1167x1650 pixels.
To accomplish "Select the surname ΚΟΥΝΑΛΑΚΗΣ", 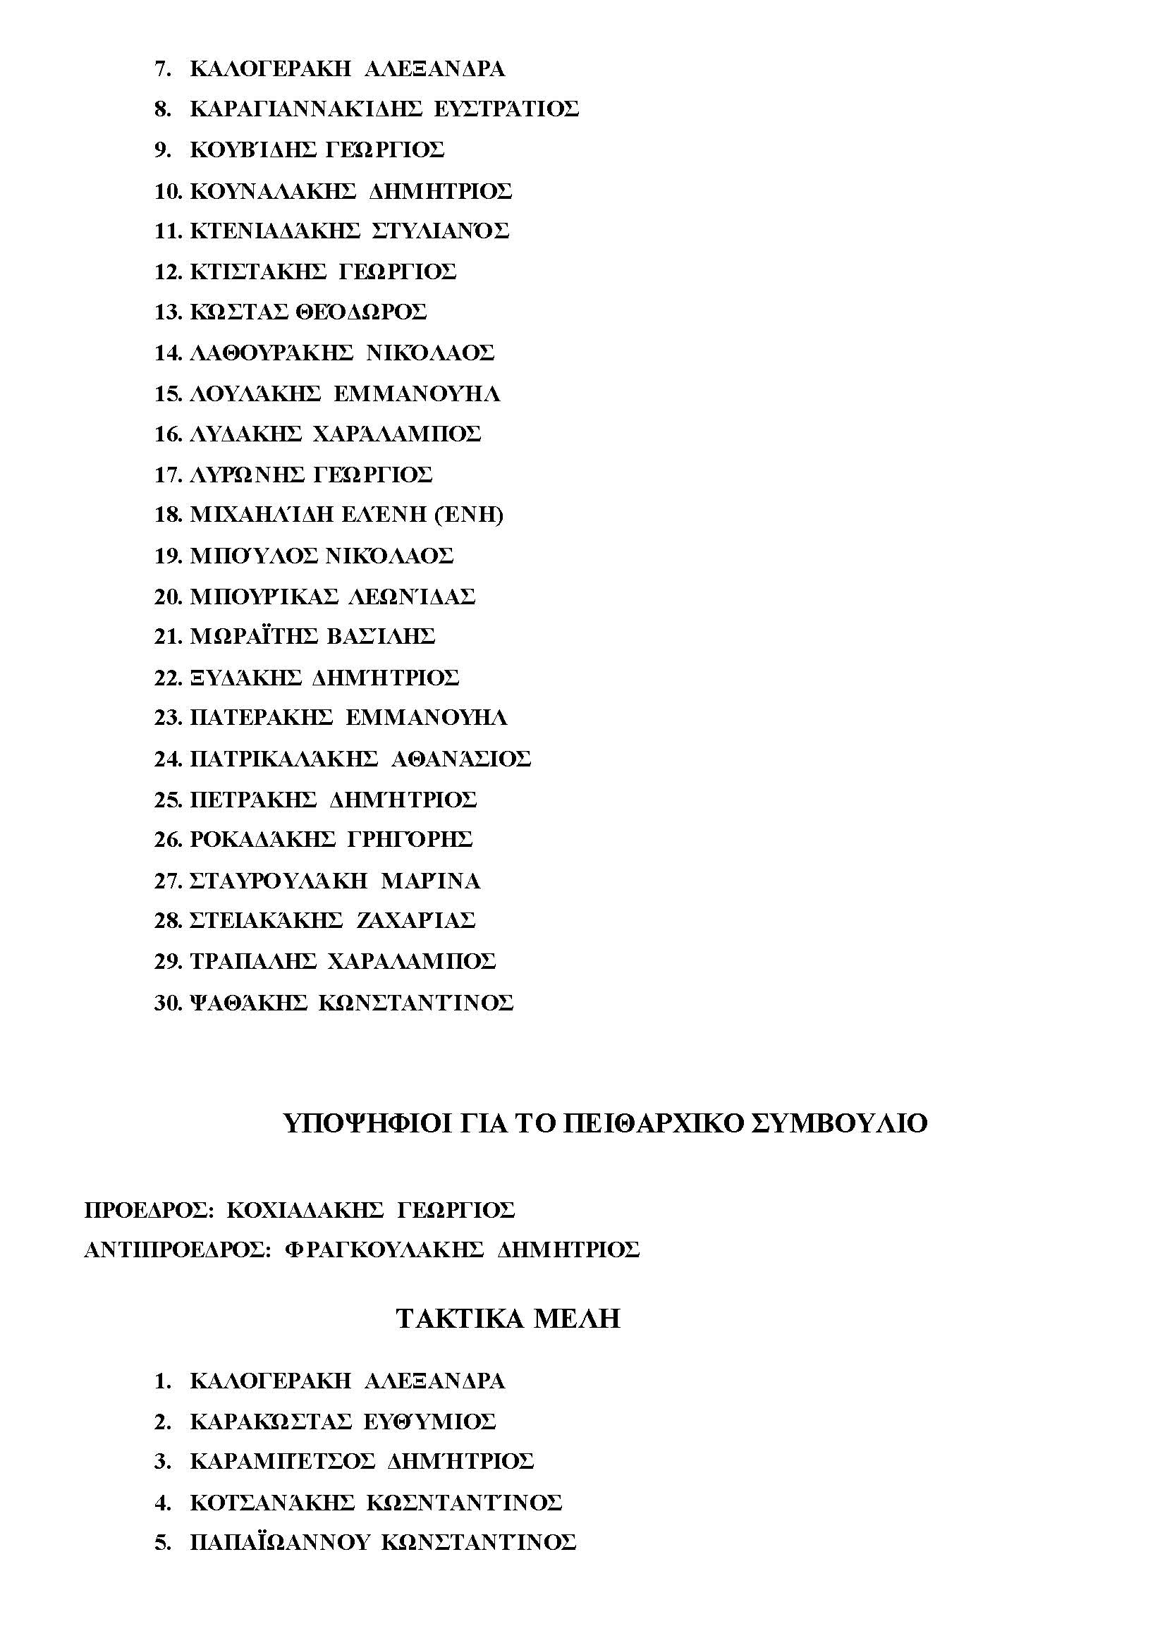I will pyautogui.click(x=272, y=191).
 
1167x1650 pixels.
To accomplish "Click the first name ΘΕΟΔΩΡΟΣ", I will pyautogui.click(x=360, y=312).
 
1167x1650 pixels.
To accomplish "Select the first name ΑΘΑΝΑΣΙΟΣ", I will pyautogui.click(x=460, y=759).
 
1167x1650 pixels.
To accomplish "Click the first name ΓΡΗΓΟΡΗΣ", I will pyautogui.click(x=410, y=840).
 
